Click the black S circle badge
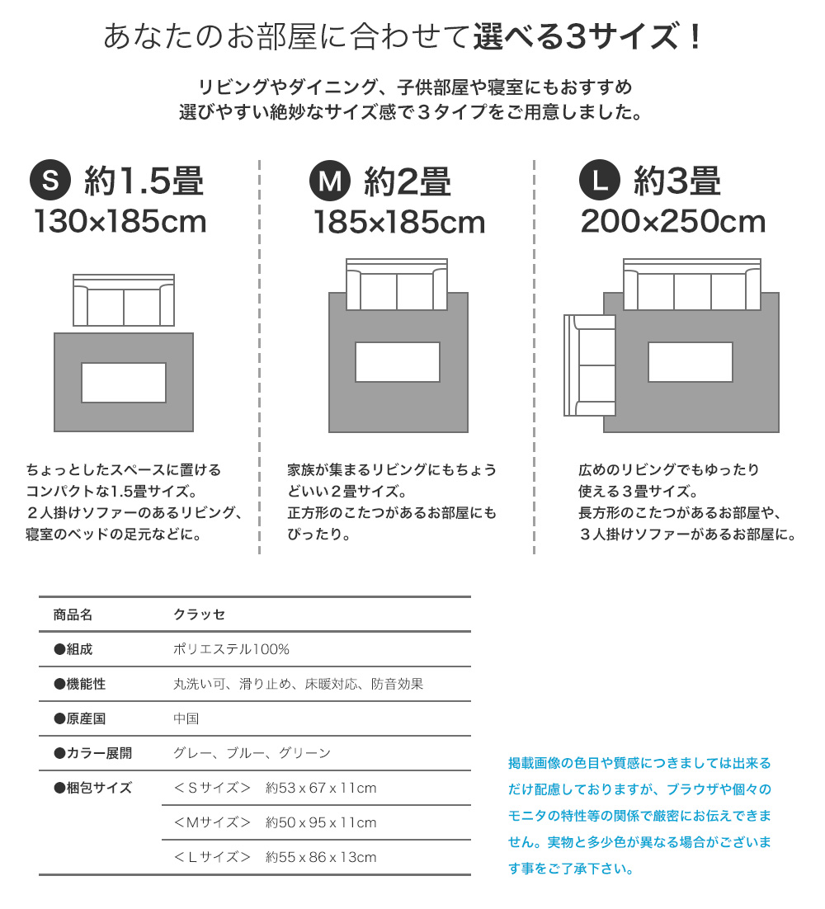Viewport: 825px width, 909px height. pos(50,180)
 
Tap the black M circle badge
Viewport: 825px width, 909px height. pos(330,181)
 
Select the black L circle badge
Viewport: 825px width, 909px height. pos(600,180)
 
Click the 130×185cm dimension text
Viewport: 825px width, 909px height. pos(120,221)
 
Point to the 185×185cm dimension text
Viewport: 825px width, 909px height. pos(399,222)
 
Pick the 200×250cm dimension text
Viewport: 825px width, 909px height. pos(673,221)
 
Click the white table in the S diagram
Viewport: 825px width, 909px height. pos(124,383)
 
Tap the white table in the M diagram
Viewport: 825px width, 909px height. pos(398,362)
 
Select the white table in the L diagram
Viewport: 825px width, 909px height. pos(691,362)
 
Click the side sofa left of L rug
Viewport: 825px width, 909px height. pos(590,365)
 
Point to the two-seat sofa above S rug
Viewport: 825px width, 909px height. pos(124,300)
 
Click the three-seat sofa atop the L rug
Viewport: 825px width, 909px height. pos(692,284)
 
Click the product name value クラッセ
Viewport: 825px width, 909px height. pos(200,615)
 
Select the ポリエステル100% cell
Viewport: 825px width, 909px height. pos(231,649)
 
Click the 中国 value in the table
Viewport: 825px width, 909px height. pos(186,718)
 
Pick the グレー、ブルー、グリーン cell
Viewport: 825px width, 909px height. pos(252,753)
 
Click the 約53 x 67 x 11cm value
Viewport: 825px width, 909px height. pos(321,788)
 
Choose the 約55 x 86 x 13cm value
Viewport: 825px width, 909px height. pos(321,857)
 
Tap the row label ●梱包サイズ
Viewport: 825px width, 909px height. pos(92,788)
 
